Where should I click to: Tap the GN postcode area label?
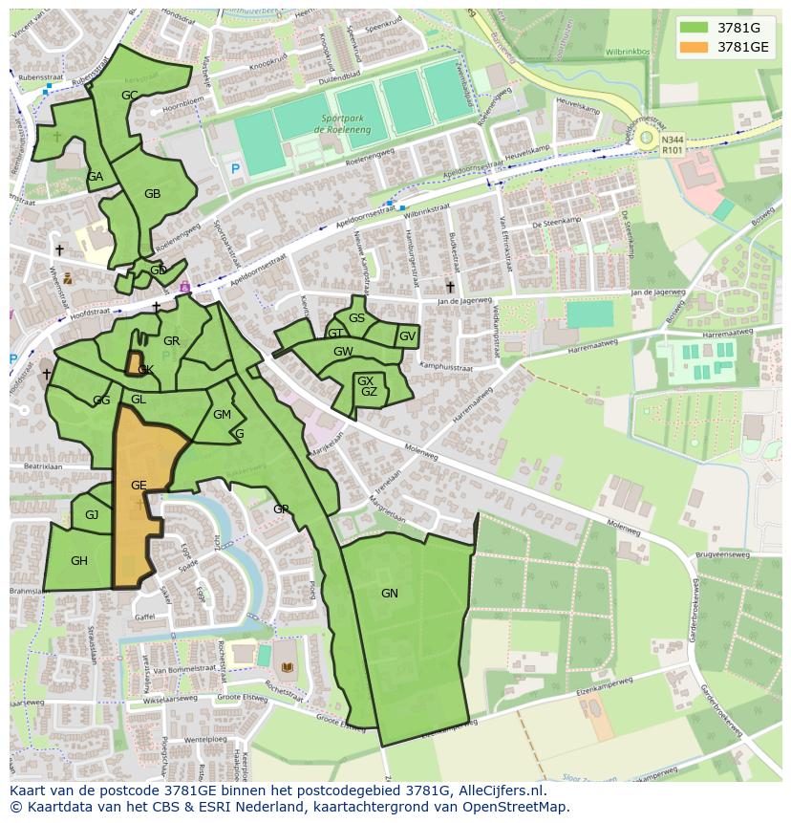(390, 594)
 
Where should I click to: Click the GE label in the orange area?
(139, 486)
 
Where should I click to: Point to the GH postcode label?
(79, 561)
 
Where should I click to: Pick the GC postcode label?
(130, 95)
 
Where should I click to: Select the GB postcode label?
(152, 194)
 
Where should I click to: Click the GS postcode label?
(356, 318)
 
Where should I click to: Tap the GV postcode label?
(407, 336)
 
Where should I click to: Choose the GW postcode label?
(343, 352)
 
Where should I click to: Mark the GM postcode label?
(222, 415)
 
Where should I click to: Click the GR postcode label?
(172, 341)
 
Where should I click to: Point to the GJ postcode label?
(92, 515)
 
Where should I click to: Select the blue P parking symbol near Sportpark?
(235, 169)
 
